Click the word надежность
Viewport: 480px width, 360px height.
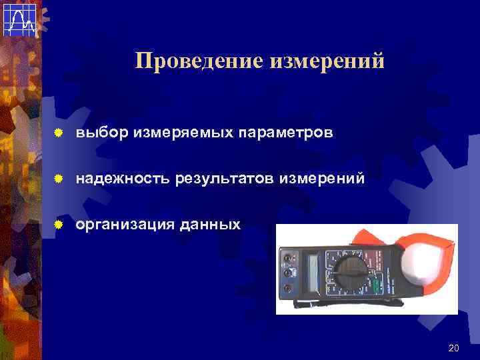coord(123,179)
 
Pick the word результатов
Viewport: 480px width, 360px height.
coord(225,179)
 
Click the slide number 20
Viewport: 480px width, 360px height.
coord(454,348)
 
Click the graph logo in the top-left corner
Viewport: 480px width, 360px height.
coord(18,18)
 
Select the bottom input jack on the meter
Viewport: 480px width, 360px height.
coord(287,288)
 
